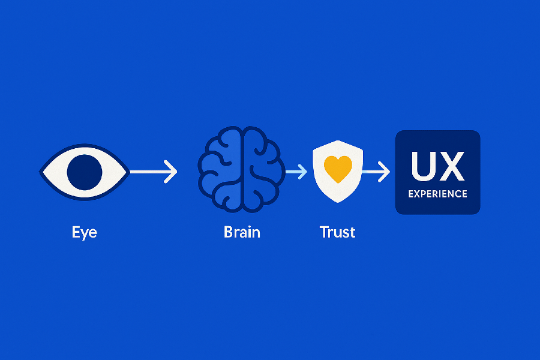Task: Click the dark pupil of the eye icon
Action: click(85, 172)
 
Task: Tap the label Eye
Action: click(84, 232)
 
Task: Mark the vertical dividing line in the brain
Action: click(241, 172)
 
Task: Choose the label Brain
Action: click(242, 232)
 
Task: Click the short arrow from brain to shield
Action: click(296, 172)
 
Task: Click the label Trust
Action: click(337, 232)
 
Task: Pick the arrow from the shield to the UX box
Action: click(376, 172)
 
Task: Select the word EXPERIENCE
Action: click(437, 194)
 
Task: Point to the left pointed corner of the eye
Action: click(41, 172)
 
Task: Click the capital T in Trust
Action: click(325, 232)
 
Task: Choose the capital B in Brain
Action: click(229, 232)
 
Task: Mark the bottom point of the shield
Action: click(337, 203)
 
